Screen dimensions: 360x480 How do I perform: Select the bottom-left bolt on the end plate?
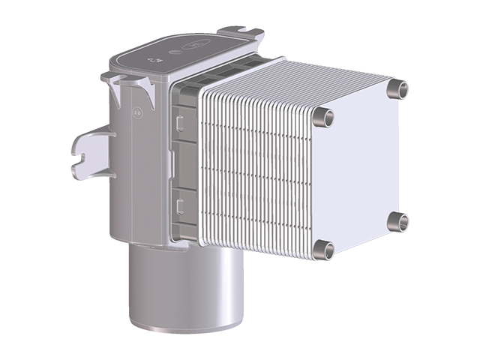[x=322, y=249]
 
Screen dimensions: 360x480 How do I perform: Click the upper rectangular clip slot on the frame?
[x=178, y=119]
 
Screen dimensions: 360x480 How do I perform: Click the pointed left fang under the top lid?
[x=114, y=90]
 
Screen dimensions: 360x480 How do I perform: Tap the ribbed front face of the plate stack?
[x=255, y=176]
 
